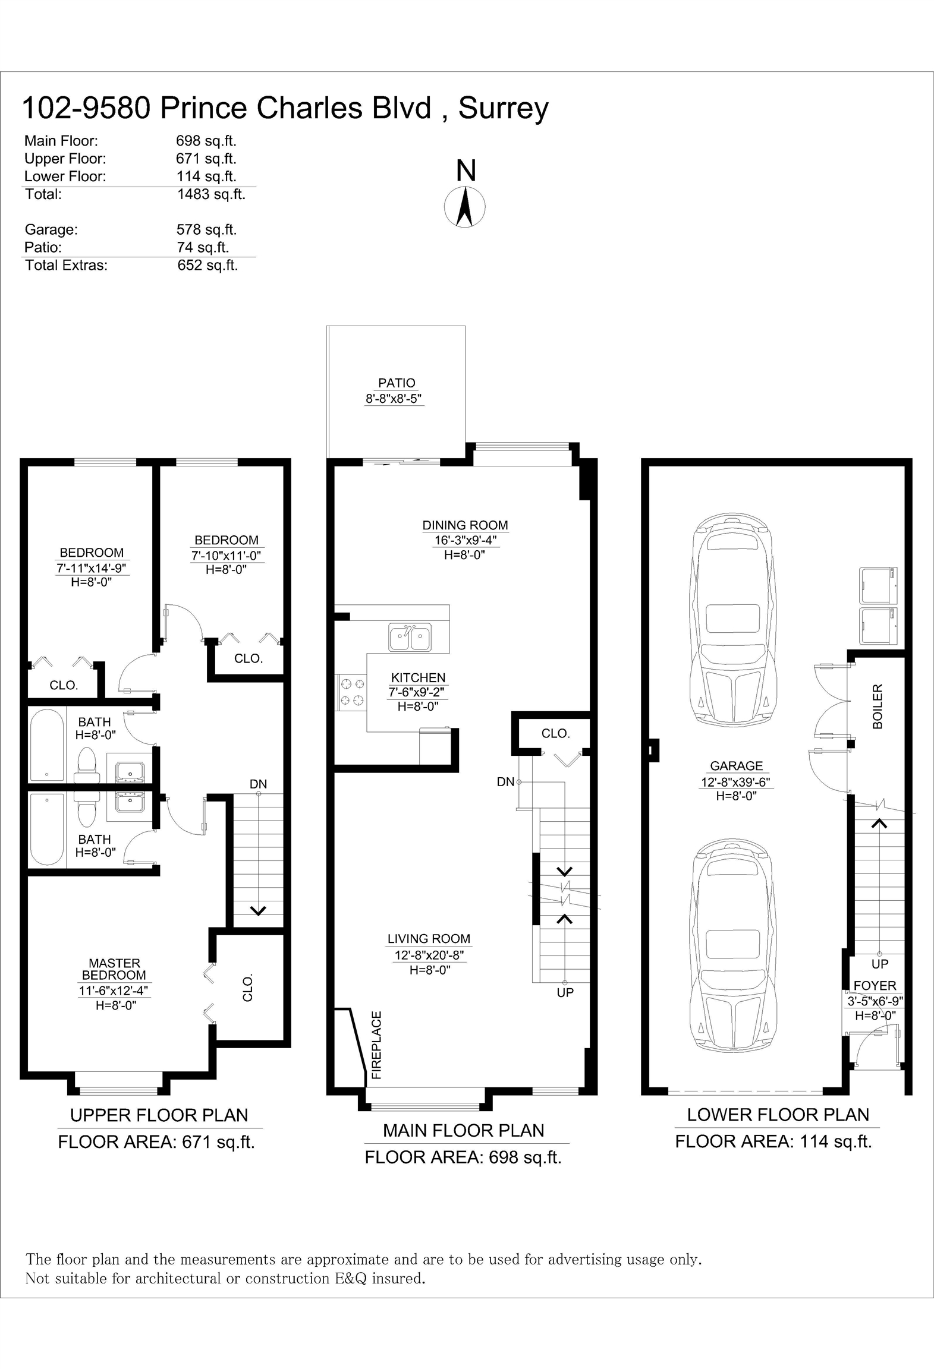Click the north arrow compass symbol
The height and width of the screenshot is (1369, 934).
click(465, 207)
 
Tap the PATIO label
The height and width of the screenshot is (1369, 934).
click(397, 383)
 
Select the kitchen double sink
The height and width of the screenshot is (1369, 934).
click(410, 638)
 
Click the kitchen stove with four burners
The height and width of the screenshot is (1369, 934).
click(351, 692)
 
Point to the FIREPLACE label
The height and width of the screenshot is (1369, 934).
click(376, 1045)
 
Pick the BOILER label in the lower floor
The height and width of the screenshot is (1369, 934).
click(878, 706)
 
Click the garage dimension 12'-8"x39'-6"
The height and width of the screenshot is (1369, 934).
click(737, 782)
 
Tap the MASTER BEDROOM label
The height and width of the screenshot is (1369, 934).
click(114, 969)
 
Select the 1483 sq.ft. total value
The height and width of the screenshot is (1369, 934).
click(211, 194)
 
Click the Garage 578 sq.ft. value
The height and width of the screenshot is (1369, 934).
click(206, 229)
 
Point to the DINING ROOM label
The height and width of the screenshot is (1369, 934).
click(465, 525)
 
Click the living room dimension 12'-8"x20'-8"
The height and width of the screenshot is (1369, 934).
click(429, 955)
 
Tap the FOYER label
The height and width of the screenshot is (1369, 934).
click(875, 986)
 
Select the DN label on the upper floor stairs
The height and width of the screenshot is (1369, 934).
click(258, 784)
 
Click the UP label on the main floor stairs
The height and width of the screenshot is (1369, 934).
click(565, 992)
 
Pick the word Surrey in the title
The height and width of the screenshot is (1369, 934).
click(504, 109)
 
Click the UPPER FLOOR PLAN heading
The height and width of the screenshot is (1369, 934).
click(159, 1115)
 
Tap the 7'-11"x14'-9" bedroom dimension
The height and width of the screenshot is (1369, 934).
click(92, 568)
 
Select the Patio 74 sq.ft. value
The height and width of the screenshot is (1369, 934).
click(203, 247)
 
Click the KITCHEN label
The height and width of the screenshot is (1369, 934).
click(418, 677)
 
